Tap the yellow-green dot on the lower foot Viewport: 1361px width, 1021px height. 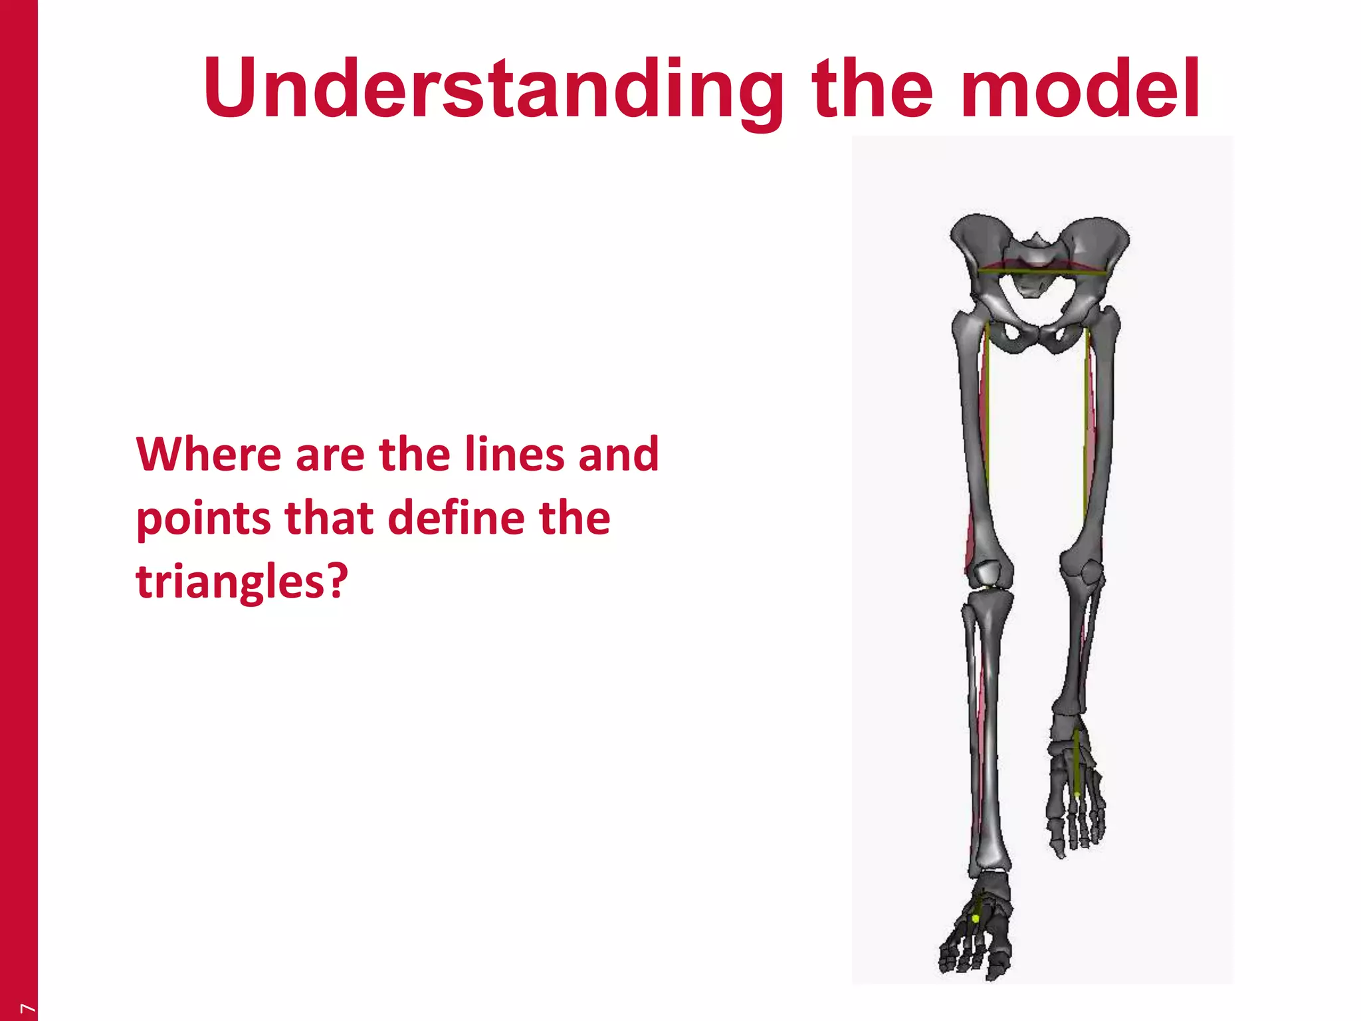click(x=975, y=918)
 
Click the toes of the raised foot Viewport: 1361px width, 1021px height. click(x=1077, y=831)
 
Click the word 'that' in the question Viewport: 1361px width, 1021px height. click(x=329, y=518)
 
